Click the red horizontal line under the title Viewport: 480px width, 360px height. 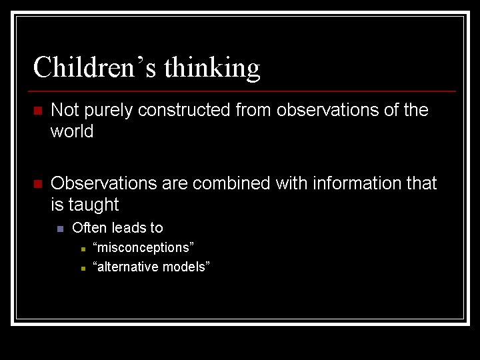tap(243, 91)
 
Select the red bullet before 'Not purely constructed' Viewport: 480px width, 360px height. tap(38, 111)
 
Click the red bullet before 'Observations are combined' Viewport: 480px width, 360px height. tap(38, 184)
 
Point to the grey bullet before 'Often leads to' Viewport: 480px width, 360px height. tap(60, 229)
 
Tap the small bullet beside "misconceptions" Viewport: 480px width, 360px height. tap(82, 249)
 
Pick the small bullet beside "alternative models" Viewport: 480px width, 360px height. tap(82, 268)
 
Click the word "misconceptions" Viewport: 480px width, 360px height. tap(144, 248)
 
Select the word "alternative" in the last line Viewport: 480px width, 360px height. tap(127, 267)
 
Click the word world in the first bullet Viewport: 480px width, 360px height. tap(72, 132)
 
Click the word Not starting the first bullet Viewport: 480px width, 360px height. tap(64, 110)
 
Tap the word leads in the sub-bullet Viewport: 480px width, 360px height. tap(127, 228)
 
